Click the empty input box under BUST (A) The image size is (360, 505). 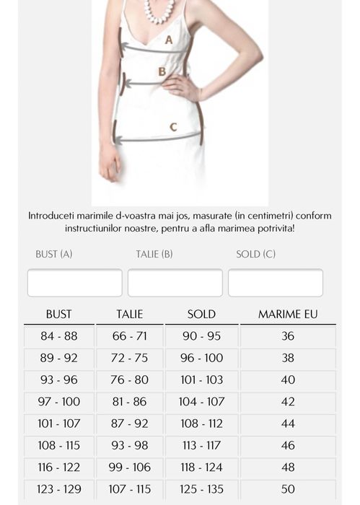74,282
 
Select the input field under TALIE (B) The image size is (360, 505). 175,282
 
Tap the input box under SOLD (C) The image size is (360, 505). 275,282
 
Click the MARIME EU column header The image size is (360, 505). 287,315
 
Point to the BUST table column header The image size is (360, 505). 58,315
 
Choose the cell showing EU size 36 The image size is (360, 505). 287,336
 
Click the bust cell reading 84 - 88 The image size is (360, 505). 58,336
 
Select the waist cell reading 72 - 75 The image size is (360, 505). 130,358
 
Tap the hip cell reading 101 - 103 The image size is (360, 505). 201,379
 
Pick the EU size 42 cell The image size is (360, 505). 287,402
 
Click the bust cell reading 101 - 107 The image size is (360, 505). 58,423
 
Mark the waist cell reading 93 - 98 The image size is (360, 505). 130,445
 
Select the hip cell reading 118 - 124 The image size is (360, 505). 201,467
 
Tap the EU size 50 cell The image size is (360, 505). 287,489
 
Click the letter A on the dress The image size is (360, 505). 169,40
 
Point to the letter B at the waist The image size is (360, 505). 162,71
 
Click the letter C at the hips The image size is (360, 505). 173,127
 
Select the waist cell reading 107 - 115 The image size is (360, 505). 130,489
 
